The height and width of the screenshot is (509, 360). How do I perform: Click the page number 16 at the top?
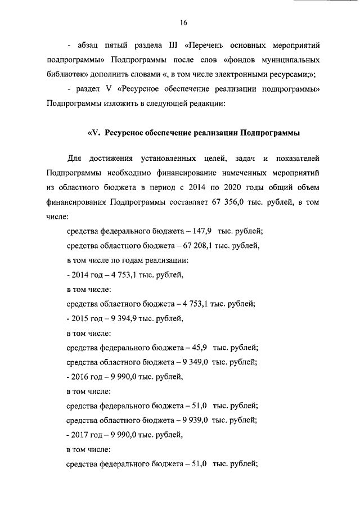[x=183, y=23]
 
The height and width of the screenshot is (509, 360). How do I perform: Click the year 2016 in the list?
[x=78, y=377]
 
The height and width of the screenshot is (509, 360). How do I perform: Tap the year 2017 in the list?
[x=78, y=435]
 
